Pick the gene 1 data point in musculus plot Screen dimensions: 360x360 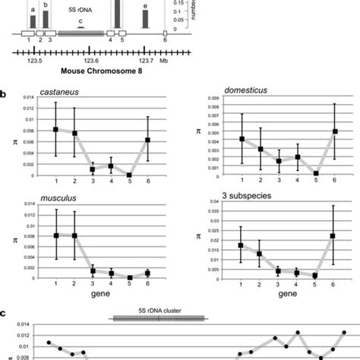pyautogui.click(x=55, y=235)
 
